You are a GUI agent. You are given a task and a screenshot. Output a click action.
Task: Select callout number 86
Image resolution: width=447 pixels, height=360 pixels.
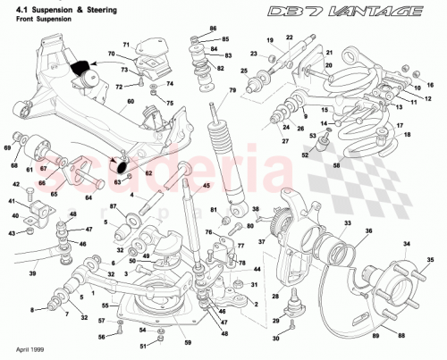point(212,29)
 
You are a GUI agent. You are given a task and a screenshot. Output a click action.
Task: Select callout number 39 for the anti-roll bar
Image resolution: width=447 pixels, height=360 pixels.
point(33,273)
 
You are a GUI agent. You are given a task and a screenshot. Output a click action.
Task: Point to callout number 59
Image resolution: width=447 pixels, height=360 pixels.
point(188,342)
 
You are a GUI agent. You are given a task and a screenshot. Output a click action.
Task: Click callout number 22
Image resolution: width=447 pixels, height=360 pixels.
point(289,37)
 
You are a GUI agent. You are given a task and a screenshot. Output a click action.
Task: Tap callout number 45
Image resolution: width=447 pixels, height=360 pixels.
point(206,186)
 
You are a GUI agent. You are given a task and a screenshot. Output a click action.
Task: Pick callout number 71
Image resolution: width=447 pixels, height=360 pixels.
point(126,43)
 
